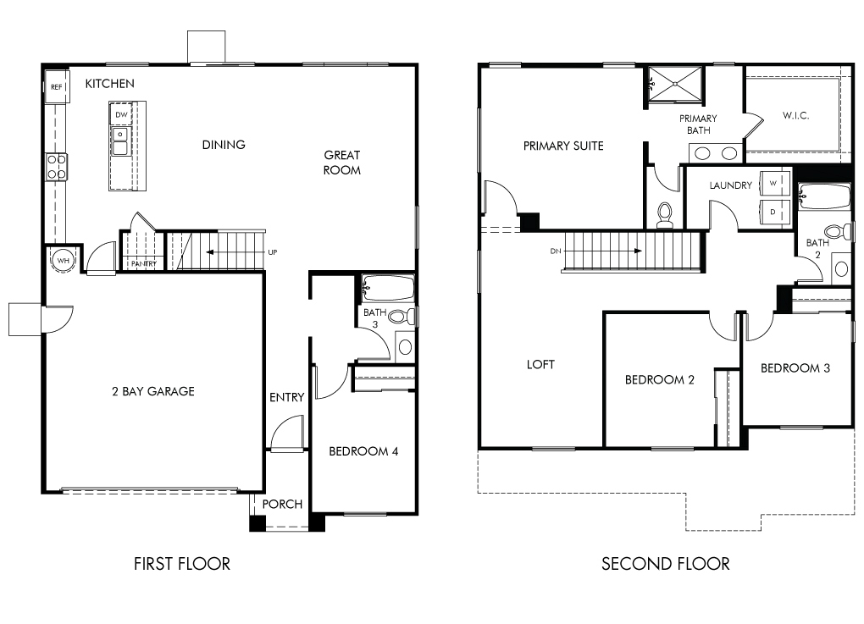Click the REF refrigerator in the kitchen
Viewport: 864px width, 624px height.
coord(56,86)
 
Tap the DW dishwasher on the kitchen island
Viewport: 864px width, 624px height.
coord(121,114)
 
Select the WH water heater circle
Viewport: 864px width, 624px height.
coord(64,261)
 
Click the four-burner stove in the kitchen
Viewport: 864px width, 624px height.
coord(56,167)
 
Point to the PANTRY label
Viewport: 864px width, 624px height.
coord(143,264)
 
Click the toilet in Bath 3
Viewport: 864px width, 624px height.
coord(402,317)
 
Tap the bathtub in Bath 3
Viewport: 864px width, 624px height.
coord(388,288)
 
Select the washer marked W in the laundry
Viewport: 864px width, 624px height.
coord(774,184)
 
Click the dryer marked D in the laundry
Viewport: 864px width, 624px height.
coord(774,212)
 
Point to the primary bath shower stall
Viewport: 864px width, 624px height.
coord(675,85)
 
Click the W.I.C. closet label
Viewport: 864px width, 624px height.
coord(795,115)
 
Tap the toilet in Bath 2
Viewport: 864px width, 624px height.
coord(838,231)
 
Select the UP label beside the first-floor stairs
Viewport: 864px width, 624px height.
coord(272,252)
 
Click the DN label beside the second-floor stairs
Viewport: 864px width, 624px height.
coord(556,251)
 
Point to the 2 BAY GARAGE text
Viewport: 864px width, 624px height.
coord(153,391)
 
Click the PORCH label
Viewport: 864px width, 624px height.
coord(282,504)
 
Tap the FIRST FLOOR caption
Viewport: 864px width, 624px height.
coord(182,563)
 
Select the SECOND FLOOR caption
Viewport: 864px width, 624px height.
coord(666,563)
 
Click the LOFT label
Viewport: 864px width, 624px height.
coord(540,364)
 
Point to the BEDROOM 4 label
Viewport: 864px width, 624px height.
coord(363,451)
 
